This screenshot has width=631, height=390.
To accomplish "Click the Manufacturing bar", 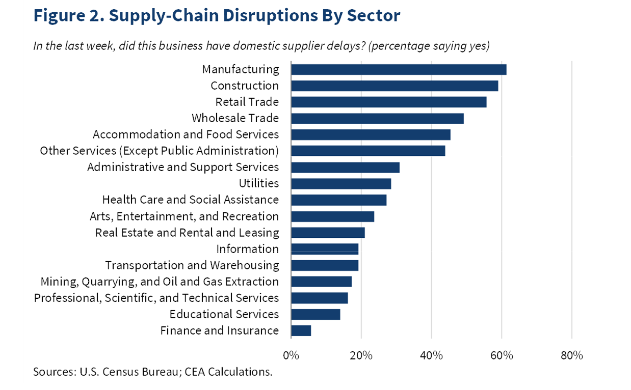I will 398,69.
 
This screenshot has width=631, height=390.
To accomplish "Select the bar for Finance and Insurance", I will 301,330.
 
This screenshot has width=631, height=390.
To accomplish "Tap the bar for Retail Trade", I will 388,102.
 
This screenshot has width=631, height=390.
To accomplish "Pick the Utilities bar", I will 340,183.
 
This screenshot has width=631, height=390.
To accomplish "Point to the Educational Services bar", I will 315,314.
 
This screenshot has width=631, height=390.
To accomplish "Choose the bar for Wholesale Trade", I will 377,118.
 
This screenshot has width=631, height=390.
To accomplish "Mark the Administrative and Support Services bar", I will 345,167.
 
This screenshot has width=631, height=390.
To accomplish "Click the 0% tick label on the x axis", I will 291,355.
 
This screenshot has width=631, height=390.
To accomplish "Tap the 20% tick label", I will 361,355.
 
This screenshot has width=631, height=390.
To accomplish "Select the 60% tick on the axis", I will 502,355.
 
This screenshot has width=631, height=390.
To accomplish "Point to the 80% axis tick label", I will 571,355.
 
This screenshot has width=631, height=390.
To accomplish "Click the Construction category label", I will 245,86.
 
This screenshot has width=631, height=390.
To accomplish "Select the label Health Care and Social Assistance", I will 191,200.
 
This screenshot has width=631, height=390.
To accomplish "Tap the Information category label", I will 247,249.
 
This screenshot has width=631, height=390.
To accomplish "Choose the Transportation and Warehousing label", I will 192,265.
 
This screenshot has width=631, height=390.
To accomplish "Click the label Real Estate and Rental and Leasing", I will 187,233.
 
